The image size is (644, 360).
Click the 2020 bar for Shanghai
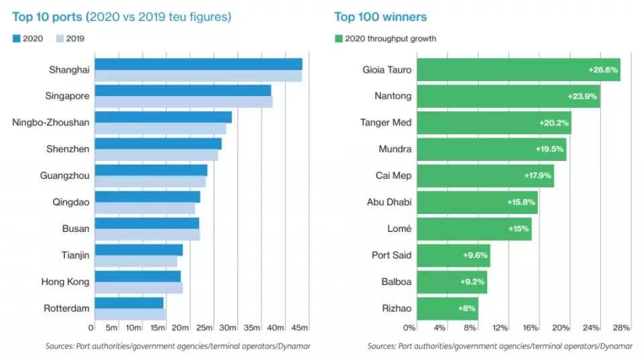click(x=198, y=64)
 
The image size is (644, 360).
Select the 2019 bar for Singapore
click(x=183, y=102)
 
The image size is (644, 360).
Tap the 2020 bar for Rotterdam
click(x=129, y=303)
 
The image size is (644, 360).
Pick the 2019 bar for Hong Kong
click(x=138, y=288)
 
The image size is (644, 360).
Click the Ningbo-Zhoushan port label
click(x=51, y=122)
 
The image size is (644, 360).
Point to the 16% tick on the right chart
click(x=530, y=328)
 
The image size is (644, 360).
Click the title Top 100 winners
click(x=380, y=17)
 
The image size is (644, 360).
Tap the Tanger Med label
click(x=386, y=122)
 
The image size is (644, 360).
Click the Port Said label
click(x=392, y=255)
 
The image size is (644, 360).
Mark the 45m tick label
click(x=300, y=328)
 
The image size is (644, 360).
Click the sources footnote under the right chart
click(x=499, y=346)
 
